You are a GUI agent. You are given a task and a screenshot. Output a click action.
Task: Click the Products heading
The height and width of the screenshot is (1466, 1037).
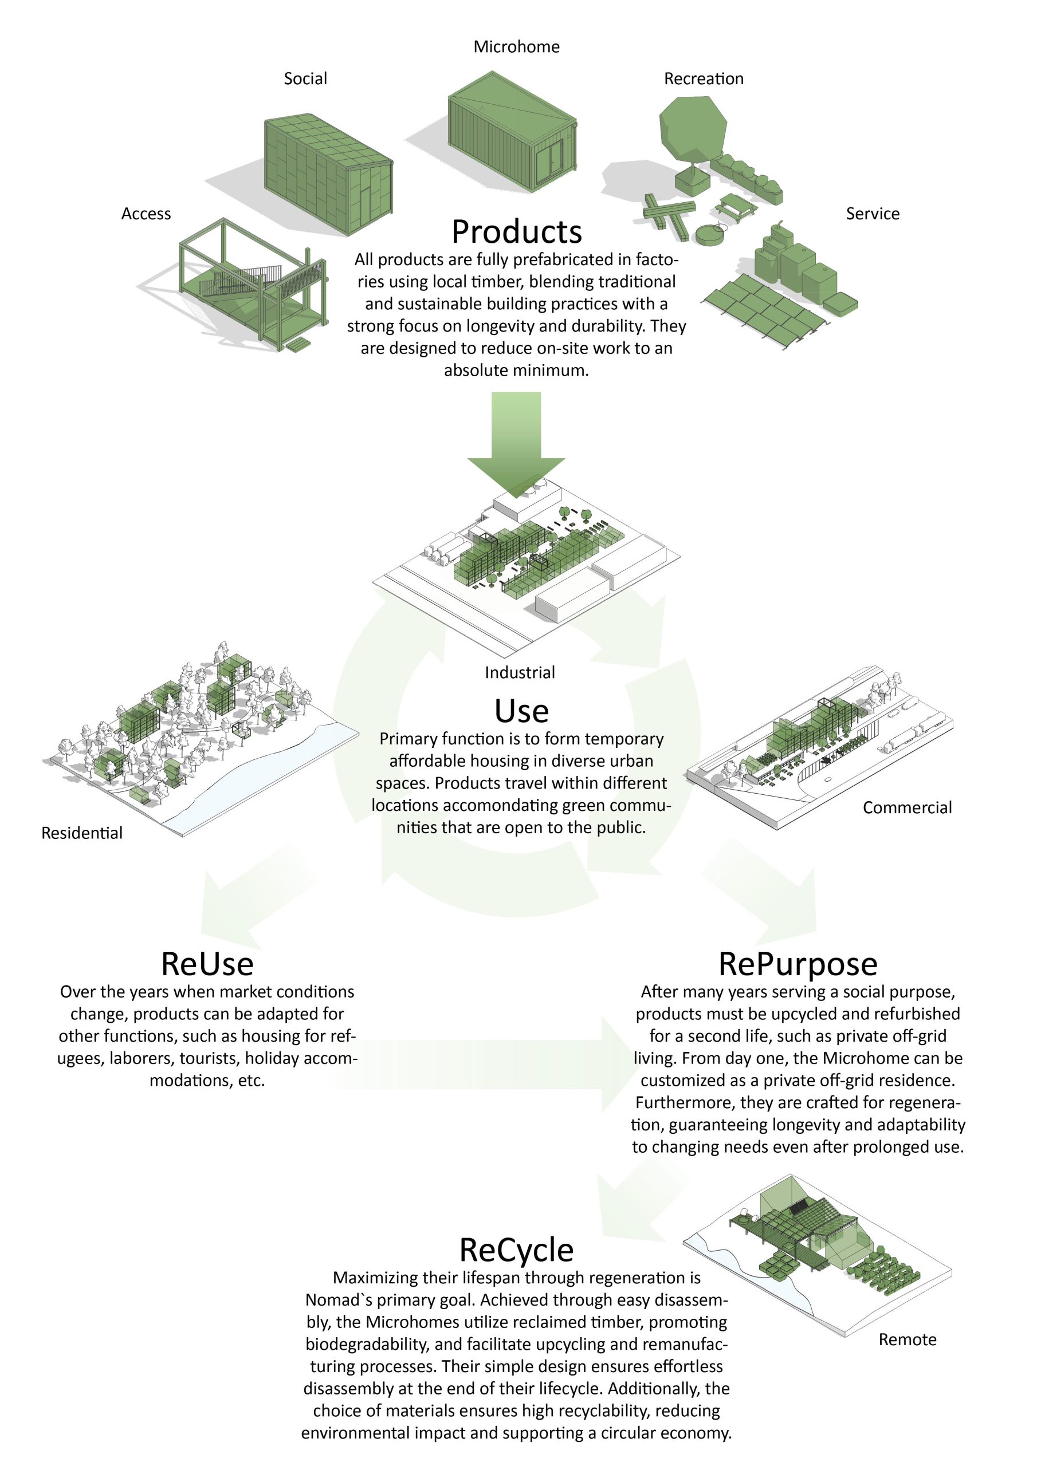(x=516, y=232)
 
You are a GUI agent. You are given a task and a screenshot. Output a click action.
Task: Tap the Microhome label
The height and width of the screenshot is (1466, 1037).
(x=516, y=46)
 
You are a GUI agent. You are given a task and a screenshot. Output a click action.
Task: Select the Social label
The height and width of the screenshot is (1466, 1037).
(x=305, y=78)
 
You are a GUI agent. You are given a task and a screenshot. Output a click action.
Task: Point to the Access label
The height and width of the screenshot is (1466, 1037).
(x=146, y=214)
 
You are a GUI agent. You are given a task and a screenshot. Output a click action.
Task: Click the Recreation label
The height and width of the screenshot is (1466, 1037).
(x=704, y=78)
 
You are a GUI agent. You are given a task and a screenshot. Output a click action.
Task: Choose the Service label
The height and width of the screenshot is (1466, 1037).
(x=872, y=214)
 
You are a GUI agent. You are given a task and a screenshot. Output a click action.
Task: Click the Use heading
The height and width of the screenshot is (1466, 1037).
(x=521, y=711)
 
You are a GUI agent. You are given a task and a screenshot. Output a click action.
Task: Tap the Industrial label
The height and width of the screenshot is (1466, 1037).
(x=520, y=672)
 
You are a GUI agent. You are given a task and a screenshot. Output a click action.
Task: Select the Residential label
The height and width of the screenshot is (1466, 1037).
(x=82, y=833)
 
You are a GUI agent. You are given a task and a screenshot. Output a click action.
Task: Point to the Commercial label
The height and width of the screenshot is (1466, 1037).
(x=906, y=807)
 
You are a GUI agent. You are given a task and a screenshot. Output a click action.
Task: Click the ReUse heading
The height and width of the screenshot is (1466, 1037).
(x=207, y=964)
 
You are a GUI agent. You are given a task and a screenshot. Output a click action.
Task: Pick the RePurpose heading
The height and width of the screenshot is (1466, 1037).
(x=798, y=964)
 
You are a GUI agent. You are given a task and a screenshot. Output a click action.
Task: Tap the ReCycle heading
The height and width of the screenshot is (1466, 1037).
(x=516, y=1250)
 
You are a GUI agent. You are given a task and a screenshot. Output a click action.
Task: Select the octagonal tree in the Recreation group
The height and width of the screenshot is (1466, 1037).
(x=693, y=128)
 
